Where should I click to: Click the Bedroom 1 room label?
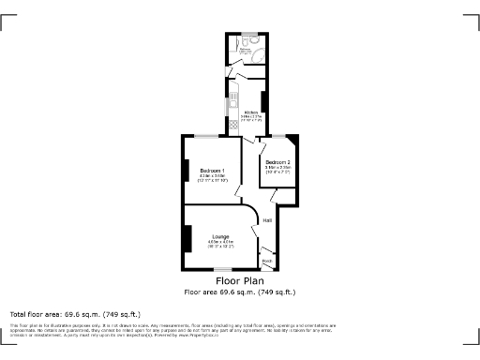[x=211, y=170]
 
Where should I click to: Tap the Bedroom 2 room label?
[x=277, y=162]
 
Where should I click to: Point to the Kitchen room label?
[x=249, y=112]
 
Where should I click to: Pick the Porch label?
[x=266, y=260]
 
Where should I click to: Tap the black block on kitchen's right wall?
[x=264, y=101]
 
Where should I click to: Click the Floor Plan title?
[x=240, y=281]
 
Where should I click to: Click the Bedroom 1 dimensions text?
[x=212, y=177]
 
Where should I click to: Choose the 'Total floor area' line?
[x=75, y=313]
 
